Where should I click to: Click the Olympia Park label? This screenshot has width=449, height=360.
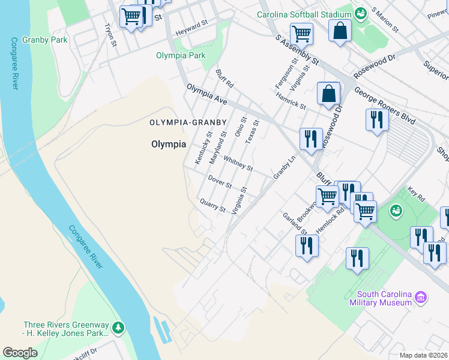[x=181, y=56]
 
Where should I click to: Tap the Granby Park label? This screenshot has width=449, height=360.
[x=45, y=40]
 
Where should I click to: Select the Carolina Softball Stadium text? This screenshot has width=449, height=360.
[x=304, y=14]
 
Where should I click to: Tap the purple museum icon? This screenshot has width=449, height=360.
[x=421, y=297]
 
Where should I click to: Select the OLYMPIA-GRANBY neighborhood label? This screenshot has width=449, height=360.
[x=188, y=122]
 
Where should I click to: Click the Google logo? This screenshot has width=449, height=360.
[x=20, y=352]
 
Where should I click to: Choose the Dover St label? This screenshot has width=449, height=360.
[x=220, y=181]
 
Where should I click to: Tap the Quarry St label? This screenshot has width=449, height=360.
[x=212, y=206]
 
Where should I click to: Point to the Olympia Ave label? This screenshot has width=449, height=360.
[x=206, y=95]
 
